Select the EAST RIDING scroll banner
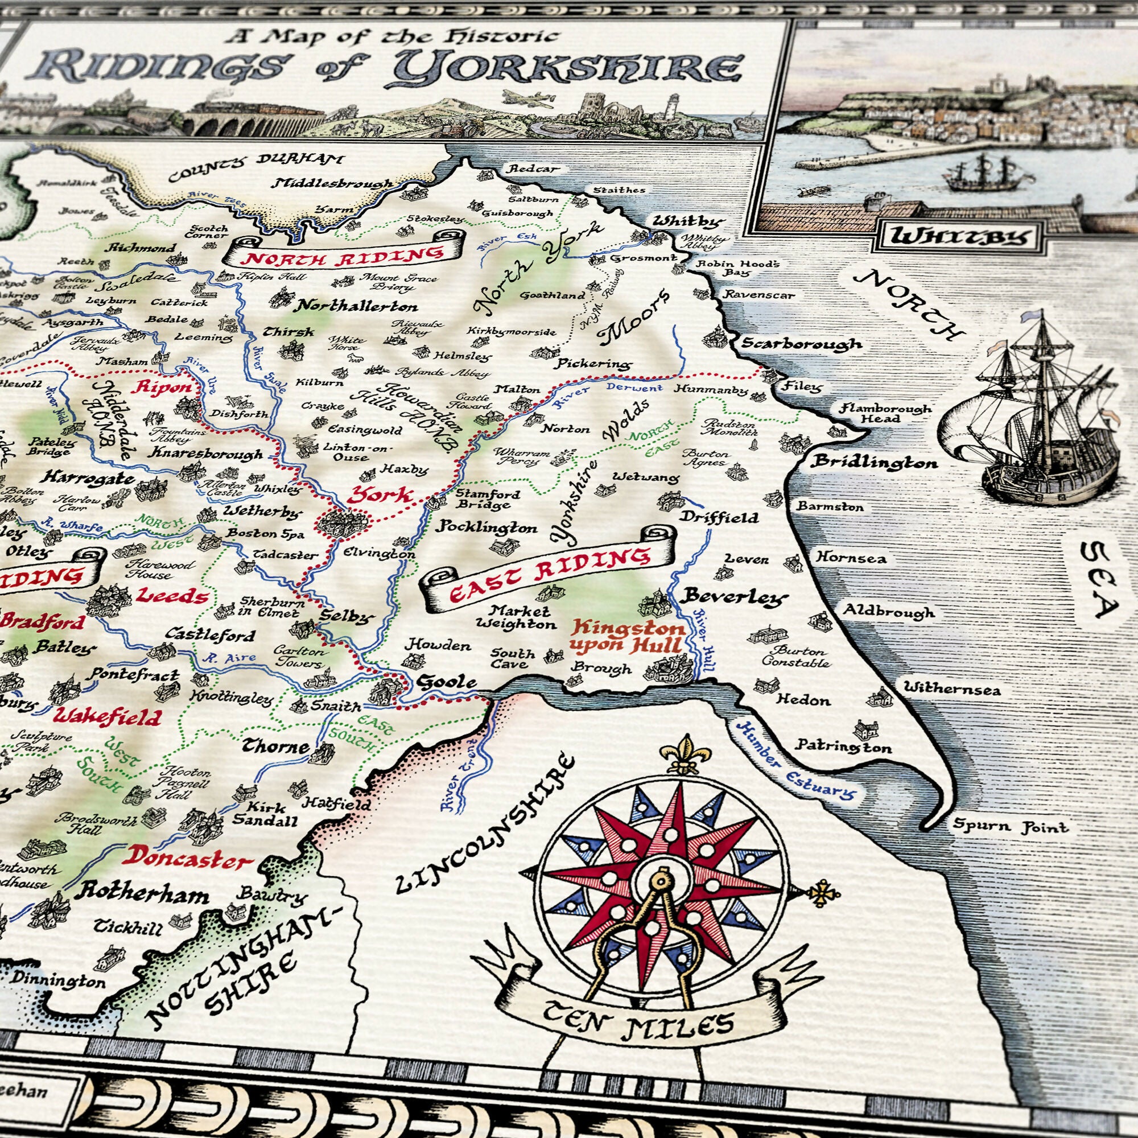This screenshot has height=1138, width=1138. (x=549, y=574)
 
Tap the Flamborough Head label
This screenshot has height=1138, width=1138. (x=885, y=413)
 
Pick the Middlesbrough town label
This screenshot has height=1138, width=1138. (x=333, y=184)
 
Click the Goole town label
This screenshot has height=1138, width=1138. (x=446, y=683)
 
